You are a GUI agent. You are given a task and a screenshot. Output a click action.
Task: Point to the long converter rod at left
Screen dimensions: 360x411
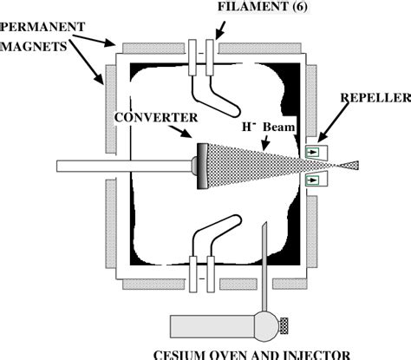[x=121, y=166]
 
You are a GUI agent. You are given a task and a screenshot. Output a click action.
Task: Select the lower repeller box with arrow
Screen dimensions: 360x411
[x=312, y=180]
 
